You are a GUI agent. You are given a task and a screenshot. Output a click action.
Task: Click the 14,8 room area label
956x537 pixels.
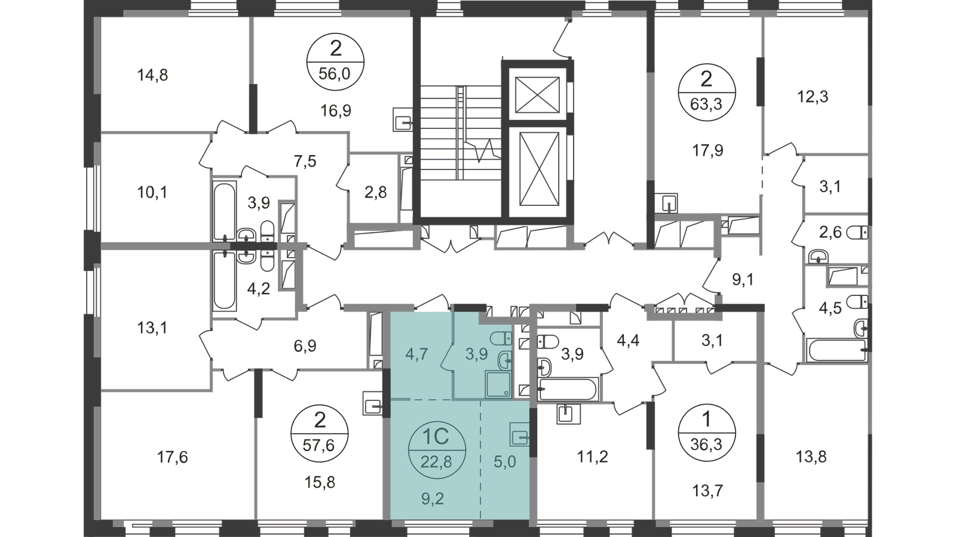[x=152, y=75]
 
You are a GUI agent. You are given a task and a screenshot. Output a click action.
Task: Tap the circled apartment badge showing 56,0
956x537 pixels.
[x=335, y=62]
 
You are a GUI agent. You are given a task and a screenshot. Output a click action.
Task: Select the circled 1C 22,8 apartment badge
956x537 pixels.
[x=437, y=450]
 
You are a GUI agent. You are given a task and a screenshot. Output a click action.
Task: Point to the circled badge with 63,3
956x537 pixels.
[x=706, y=92]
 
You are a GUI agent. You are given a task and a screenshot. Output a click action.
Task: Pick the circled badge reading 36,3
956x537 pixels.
[x=706, y=434]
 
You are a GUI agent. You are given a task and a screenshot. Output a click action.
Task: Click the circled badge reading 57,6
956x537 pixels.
[x=319, y=434]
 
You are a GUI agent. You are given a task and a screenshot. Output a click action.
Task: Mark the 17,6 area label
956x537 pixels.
[x=173, y=457]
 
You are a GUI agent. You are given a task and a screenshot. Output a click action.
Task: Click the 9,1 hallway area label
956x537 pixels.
[x=743, y=280]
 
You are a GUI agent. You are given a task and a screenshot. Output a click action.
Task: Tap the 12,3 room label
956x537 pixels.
[x=813, y=97]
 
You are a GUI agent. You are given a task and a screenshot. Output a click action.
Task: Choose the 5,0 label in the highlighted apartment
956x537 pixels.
[x=505, y=462]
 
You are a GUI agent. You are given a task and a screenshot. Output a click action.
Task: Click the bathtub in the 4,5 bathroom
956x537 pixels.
[x=837, y=350]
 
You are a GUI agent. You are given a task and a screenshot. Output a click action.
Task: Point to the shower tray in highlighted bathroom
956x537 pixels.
[x=498, y=384]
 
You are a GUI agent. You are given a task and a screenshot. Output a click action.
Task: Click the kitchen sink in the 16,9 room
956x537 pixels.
[x=403, y=119]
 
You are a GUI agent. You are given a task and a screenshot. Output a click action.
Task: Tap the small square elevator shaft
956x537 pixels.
[x=537, y=95]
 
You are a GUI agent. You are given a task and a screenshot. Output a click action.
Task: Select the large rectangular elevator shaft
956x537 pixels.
[x=539, y=169]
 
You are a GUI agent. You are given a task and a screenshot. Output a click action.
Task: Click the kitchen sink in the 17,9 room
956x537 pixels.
[x=666, y=203]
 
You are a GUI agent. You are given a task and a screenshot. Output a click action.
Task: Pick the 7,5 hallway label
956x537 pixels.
[x=305, y=162]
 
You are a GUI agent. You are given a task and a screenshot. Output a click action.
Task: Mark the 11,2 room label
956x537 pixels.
[x=592, y=456]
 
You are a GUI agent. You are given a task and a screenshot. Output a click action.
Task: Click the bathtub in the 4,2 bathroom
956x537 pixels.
[x=225, y=280]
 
